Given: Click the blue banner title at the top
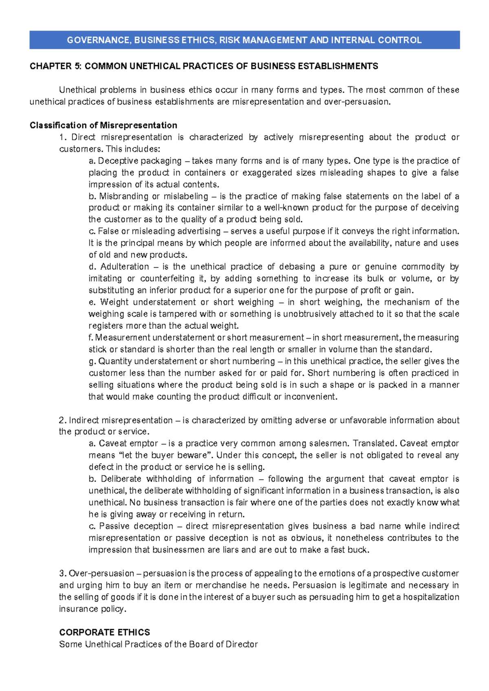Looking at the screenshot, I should click(x=244, y=40).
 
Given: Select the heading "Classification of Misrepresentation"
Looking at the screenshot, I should click(x=104, y=125).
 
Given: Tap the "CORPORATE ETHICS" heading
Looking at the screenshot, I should click(x=104, y=632).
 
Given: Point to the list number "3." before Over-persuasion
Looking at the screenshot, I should click(x=63, y=573).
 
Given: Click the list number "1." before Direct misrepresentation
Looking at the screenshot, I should click(x=63, y=137).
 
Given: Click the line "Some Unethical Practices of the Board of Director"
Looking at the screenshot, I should click(x=159, y=644).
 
